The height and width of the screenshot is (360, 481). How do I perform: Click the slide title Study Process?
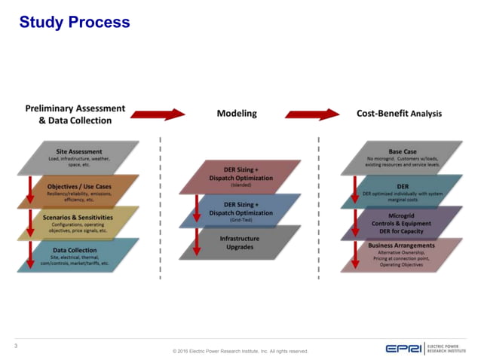(x=75, y=23)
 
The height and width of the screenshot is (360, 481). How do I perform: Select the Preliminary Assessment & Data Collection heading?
(x=75, y=114)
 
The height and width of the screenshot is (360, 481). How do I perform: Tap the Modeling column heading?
(x=237, y=114)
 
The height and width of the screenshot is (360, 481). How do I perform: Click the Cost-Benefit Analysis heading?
(x=399, y=114)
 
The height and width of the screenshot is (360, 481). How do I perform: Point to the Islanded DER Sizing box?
(x=240, y=175)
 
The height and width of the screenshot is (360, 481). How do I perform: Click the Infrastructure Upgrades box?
(x=240, y=242)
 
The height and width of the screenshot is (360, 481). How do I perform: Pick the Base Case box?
(x=402, y=156)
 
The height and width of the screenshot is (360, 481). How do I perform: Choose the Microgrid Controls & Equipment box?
(x=402, y=221)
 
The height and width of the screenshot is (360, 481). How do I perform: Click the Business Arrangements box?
(x=402, y=254)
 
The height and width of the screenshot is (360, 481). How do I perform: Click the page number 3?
(x=17, y=345)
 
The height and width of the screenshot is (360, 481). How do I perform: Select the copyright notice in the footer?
(x=240, y=351)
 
